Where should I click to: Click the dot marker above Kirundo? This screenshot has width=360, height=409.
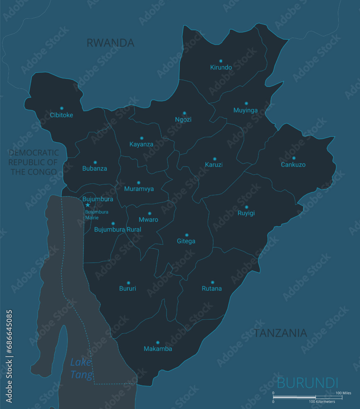click(221, 61)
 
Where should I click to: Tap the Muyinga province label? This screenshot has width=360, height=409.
click(245, 110)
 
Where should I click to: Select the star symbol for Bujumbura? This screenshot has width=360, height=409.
click(88, 205)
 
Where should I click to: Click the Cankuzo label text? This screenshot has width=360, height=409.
click(293, 165)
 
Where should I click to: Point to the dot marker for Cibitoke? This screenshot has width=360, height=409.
click(62, 108)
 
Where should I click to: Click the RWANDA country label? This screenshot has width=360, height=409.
click(110, 43)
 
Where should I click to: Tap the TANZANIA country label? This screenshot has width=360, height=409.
click(280, 333)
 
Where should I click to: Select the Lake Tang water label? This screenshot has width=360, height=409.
click(81, 368)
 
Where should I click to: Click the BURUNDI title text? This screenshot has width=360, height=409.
click(308, 383)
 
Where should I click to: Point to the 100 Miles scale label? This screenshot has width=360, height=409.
click(343, 393)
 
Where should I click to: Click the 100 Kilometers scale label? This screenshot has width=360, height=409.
click(322, 402)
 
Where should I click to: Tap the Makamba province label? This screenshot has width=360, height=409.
click(158, 349)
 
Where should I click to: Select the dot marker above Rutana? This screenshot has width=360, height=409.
click(212, 282)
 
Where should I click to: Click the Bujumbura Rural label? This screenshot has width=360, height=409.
click(117, 229)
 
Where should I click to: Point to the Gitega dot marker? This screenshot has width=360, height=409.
click(187, 235)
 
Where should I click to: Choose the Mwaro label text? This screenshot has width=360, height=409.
click(148, 220)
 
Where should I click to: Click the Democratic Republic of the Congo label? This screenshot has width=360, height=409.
click(34, 162)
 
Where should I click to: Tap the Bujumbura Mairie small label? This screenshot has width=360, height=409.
click(97, 215)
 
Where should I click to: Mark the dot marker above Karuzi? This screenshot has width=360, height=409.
click(214, 159)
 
